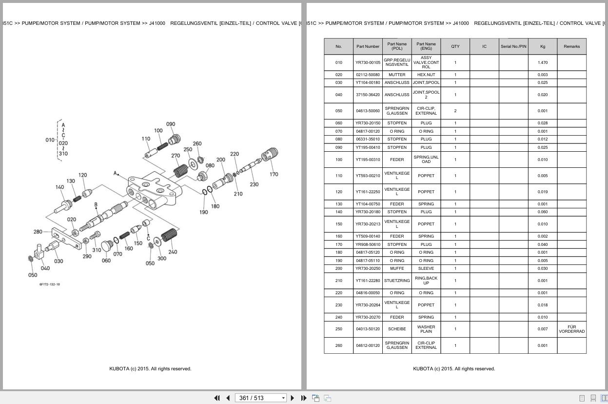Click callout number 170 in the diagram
(274, 174)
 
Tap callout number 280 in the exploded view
(38, 232)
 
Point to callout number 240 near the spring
(173, 252)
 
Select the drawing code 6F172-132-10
(50, 284)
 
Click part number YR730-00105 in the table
(368, 62)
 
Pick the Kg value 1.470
(542, 62)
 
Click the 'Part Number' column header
(368, 46)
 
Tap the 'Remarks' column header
(571, 46)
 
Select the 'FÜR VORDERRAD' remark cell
(571, 329)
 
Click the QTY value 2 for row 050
(455, 111)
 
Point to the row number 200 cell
(338, 268)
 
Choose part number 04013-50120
(368, 329)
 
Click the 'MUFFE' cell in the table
(397, 268)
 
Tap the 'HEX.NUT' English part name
(426, 75)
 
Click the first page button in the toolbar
(217, 398)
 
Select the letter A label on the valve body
(115, 173)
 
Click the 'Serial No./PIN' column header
(513, 46)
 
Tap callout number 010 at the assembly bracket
(50, 140)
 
